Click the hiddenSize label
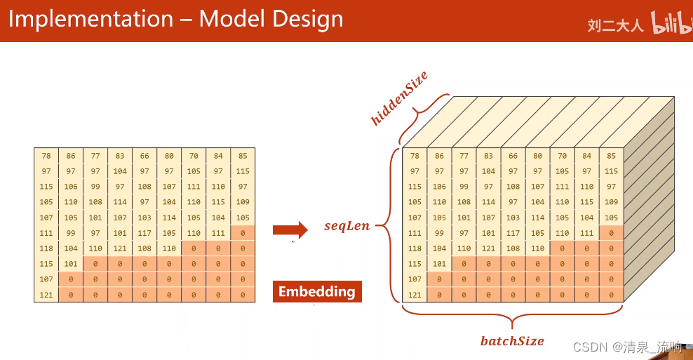(x=399, y=98)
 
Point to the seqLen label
(x=346, y=227)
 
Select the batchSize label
(x=512, y=341)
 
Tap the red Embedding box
(x=317, y=292)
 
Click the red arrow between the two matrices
(x=290, y=229)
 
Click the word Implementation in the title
(x=90, y=19)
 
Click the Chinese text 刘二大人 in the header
(x=615, y=26)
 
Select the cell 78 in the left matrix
(x=46, y=156)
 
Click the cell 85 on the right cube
(x=611, y=156)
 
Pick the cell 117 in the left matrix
(x=144, y=233)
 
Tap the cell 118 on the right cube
(x=415, y=248)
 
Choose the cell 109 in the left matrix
(x=243, y=202)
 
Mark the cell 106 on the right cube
(x=440, y=187)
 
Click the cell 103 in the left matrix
(x=144, y=218)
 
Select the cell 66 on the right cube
(x=513, y=156)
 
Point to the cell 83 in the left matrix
(x=120, y=156)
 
